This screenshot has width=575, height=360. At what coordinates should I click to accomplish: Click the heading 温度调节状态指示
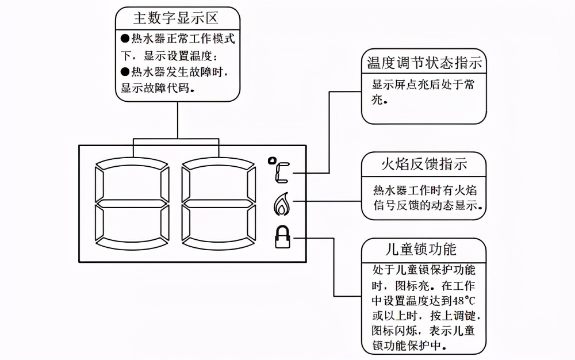pyautogui.click(x=424, y=62)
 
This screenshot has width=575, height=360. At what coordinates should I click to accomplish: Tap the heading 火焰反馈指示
pyautogui.click(x=424, y=164)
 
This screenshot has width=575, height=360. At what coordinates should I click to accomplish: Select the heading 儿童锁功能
pyautogui.click(x=424, y=249)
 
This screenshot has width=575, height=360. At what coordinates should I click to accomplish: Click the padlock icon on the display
pyautogui.click(x=282, y=236)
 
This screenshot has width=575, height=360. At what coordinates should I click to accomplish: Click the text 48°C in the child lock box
pyautogui.click(x=464, y=300)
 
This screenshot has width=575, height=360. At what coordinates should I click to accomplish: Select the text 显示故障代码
pyautogui.click(x=155, y=89)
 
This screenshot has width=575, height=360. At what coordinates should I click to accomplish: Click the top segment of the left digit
pyautogui.click(x=133, y=163)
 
